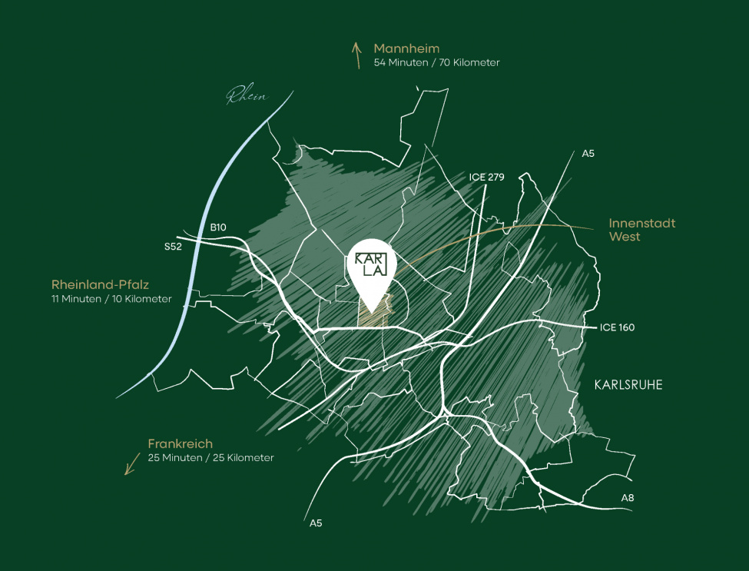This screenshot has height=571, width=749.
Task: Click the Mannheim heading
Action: coord(406,48)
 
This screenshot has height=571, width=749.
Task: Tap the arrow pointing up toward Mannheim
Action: coord(356,55)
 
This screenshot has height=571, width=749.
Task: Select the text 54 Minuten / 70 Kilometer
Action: coord(436,62)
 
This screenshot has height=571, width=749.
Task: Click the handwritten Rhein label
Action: coord(246,97)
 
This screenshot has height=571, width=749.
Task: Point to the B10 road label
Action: coord(219,227)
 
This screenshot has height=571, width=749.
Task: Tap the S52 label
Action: coord(173,247)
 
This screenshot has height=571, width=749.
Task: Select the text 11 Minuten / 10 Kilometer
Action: coord(111,298)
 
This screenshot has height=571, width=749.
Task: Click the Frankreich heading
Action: coord(180,443)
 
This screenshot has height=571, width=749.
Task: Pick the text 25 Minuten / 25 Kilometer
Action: coord(210,457)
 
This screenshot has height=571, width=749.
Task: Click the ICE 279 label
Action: coord(486,177)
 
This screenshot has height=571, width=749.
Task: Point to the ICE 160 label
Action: coord(617,327)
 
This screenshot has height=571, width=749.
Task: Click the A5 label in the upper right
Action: coord(588,153)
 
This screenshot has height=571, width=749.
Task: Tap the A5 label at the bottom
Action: coord(316,523)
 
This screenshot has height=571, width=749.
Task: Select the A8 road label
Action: coord(628,498)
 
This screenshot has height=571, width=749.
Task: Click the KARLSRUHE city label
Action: coord(628,385)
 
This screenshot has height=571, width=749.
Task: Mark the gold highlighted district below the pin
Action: coord(376,317)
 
